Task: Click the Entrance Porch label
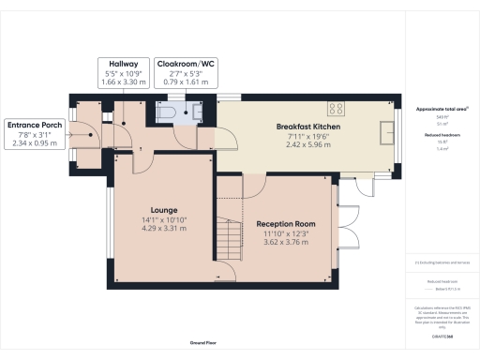[x=34, y=124]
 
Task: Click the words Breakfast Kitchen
[x=307, y=127]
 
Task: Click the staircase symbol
[x=224, y=231]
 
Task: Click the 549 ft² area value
[x=430, y=117]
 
